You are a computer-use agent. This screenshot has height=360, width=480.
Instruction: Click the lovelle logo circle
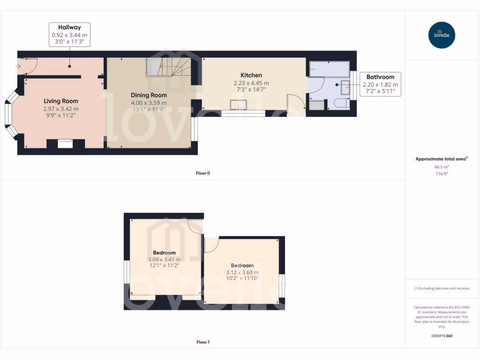coord(442,35)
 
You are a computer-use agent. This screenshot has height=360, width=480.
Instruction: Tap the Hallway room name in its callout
coord(69,28)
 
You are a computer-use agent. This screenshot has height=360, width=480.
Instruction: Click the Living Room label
coord(61,101)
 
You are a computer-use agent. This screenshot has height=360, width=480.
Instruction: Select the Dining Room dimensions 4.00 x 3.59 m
coord(149,103)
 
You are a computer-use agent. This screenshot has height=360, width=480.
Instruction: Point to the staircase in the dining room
coord(169,67)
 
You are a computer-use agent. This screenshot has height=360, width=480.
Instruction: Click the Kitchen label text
coord(251,75)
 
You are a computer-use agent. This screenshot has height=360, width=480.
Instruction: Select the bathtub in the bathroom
coord(329,69)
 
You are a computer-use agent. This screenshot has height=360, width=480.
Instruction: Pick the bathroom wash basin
coord(345,86)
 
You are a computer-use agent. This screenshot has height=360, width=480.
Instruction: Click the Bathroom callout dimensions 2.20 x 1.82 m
coord(380,84)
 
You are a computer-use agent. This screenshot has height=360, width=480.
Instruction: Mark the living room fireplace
coord(65,143)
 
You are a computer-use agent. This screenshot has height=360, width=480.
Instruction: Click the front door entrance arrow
coord(18,67)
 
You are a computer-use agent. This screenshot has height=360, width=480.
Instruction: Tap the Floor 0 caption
coord(203,173)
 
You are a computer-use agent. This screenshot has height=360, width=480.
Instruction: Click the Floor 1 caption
coord(203,342)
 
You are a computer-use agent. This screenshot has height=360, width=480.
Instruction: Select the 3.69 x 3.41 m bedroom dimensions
coord(164,259)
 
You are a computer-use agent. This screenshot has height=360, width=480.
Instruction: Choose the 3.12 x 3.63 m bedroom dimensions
coord(242,272)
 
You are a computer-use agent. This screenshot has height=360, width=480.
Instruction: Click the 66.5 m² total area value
coord(442,166)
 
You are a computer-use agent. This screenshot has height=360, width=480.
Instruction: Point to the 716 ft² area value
coord(442,173)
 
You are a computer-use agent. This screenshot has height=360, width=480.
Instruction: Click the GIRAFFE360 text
coord(442,336)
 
